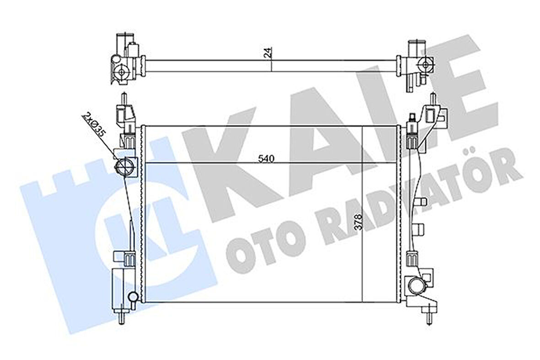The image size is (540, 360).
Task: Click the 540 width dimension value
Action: tap(266, 159)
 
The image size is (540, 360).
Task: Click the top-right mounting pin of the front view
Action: tap(431, 99)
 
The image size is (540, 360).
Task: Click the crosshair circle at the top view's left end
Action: tap(122, 71)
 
